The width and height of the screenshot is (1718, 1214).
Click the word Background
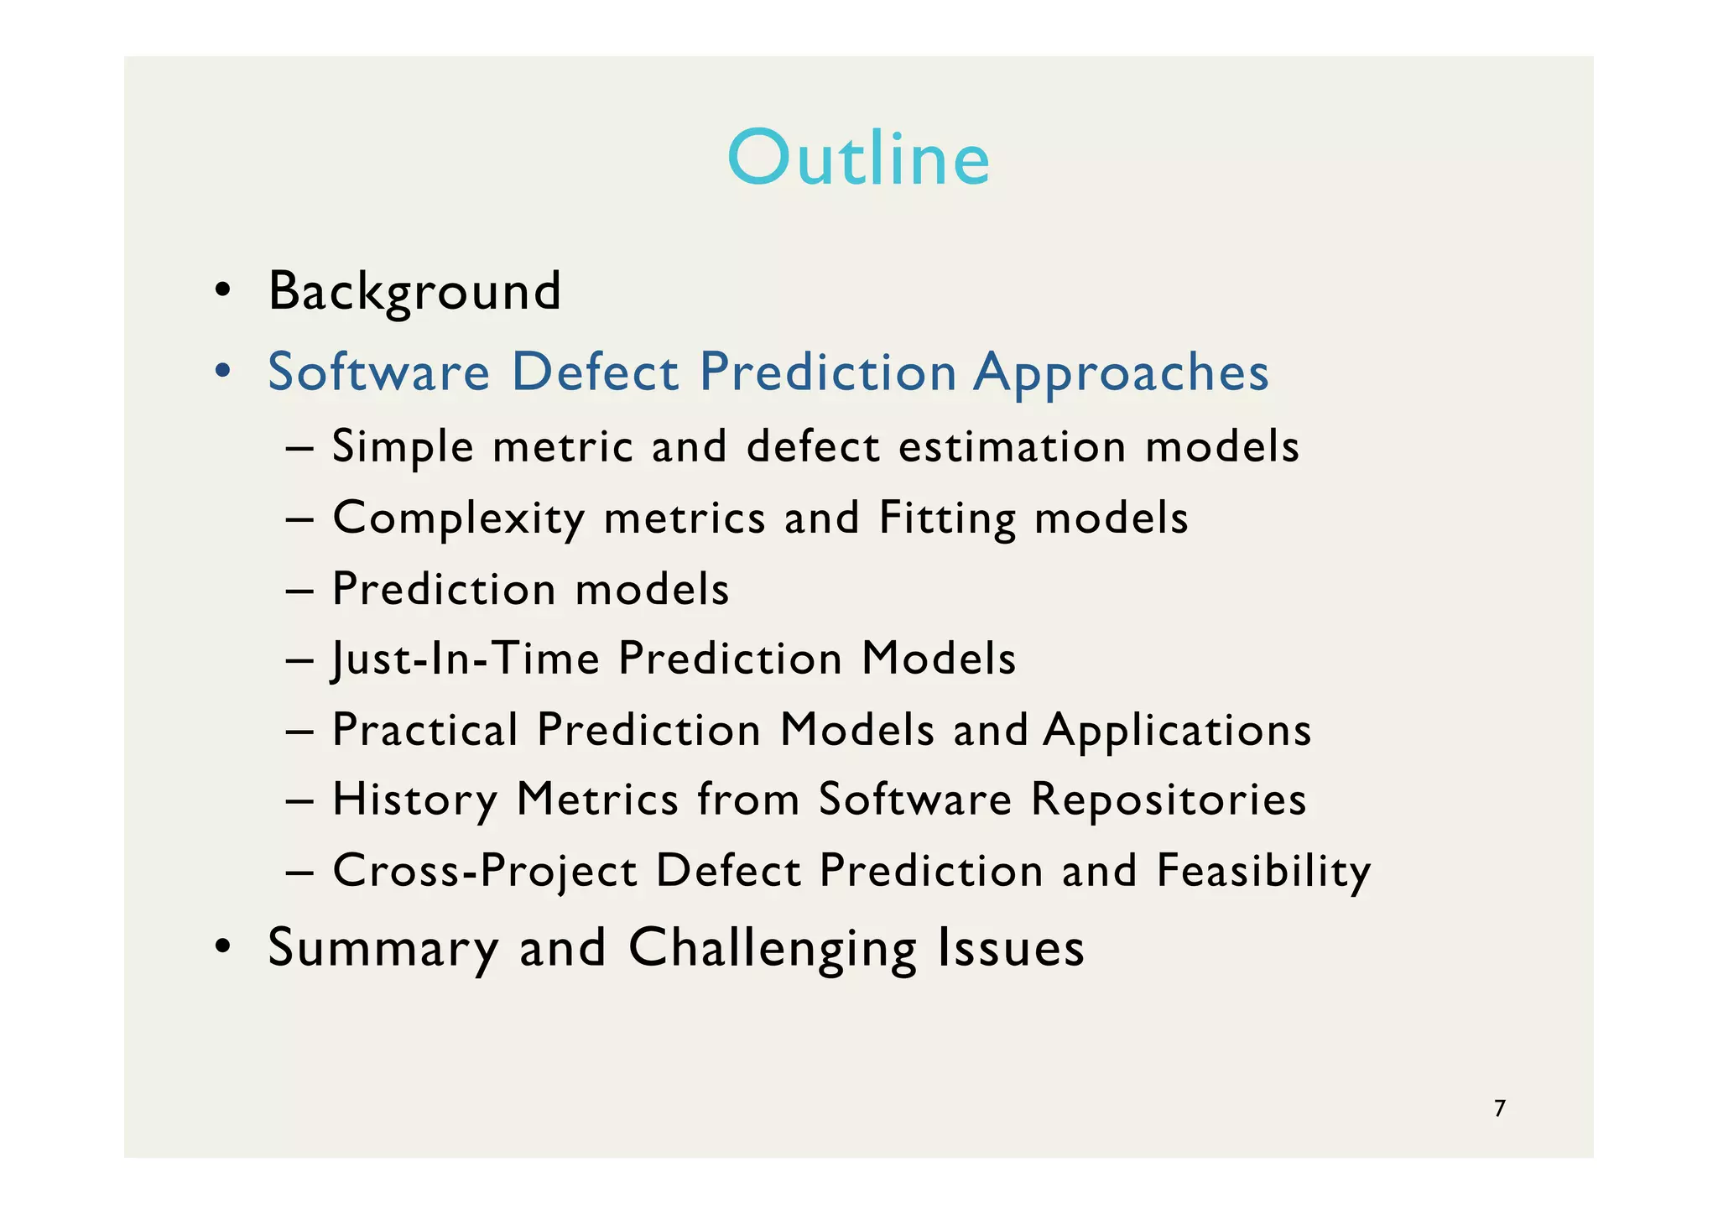click(x=414, y=291)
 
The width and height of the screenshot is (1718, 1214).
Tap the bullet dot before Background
click(x=222, y=291)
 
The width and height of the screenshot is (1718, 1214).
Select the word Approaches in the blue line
click(x=1121, y=372)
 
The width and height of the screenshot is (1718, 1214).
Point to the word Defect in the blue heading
click(x=595, y=372)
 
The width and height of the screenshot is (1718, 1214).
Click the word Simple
click(x=403, y=446)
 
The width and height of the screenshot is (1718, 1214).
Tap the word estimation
click(x=1012, y=446)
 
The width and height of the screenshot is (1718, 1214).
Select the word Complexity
click(x=459, y=518)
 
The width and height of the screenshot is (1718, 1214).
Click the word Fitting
click(x=947, y=518)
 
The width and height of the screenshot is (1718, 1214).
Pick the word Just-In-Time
click(x=466, y=658)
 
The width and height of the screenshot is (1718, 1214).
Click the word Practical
click(x=425, y=729)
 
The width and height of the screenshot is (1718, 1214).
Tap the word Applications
click(x=1177, y=729)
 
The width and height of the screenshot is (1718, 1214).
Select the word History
click(x=414, y=799)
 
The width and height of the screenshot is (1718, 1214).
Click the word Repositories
click(x=1168, y=799)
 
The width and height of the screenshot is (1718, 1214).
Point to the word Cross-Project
click(x=485, y=870)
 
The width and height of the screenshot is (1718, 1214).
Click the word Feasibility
click(x=1263, y=870)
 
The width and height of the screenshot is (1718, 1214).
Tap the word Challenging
click(x=772, y=948)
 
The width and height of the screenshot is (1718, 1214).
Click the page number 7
click(x=1500, y=1108)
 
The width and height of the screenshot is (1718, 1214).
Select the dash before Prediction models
click(x=299, y=590)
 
